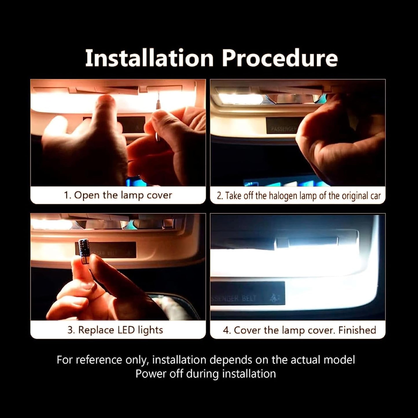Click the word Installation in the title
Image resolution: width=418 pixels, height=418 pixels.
pos(149,58)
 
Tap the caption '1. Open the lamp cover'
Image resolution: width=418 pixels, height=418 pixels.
pos(118,195)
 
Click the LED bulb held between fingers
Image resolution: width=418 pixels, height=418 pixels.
pos(84,248)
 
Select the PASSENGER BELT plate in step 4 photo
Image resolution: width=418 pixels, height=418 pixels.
pos(247,293)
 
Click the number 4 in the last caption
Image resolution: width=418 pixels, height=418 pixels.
pos(226,330)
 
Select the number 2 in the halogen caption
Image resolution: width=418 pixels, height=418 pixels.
pos(219,196)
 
